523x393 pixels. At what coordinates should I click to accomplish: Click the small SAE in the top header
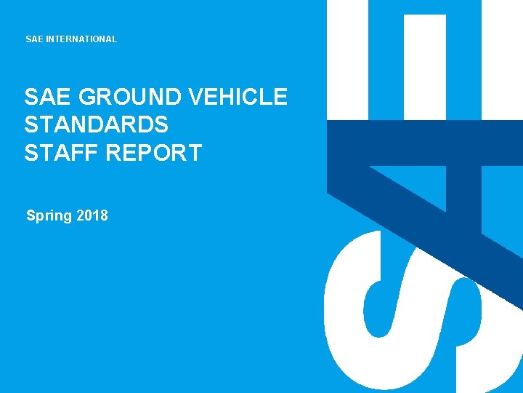pos(34,39)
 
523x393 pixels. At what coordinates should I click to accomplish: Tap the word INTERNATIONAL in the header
pos(81,39)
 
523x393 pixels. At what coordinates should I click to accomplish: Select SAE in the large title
pos(47,98)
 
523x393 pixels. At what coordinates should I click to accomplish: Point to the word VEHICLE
pos(238,98)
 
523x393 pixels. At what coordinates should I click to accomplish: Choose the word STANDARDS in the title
pos(97,125)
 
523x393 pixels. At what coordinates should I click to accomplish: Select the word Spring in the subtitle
pos(49,215)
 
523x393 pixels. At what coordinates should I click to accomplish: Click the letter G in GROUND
pos(86,98)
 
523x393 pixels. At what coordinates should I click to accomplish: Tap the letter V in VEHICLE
pos(195,98)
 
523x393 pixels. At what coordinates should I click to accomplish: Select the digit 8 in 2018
pos(104,215)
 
